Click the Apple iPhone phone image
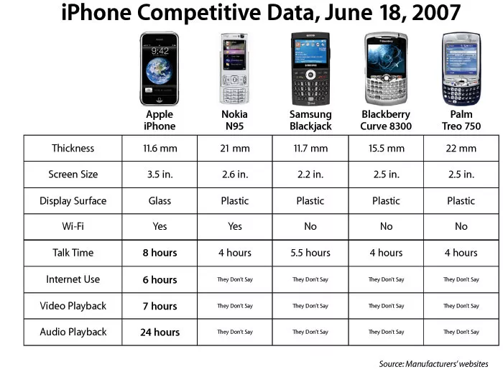coord(160,68)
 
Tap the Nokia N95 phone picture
coord(235,68)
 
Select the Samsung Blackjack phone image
coord(310,68)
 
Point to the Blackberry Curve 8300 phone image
coord(386,68)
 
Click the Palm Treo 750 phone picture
coord(461,68)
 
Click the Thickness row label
coord(73,149)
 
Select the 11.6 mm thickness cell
coord(160,149)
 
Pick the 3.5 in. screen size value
coord(160,174)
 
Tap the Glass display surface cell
coord(160,201)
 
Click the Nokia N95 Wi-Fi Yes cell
coord(235,226)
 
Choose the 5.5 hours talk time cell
coord(310,253)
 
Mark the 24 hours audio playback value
coord(160,332)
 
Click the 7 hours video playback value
coord(160,306)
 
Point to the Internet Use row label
coord(73,279)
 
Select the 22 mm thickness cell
coord(461,149)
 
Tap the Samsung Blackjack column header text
coord(310,120)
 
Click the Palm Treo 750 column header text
coord(461,120)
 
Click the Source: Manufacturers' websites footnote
coord(433,363)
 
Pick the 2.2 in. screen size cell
coord(310,174)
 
